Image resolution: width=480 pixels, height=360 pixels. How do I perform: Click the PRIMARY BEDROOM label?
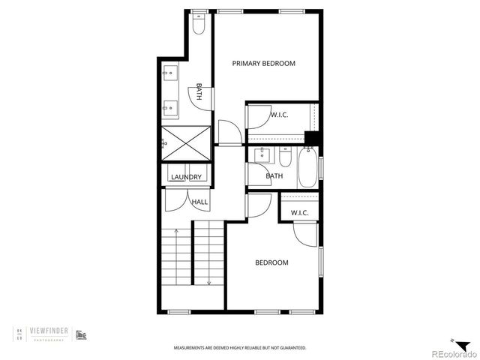click(263, 64)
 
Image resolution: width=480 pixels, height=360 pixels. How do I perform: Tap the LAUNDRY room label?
click(186, 177)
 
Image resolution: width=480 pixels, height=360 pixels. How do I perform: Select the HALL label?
click(199, 202)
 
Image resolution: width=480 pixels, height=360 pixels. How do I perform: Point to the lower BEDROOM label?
click(271, 262)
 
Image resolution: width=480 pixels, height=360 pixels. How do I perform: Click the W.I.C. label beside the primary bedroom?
click(280, 115)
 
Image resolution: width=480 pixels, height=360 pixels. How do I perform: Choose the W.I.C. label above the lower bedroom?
click(300, 213)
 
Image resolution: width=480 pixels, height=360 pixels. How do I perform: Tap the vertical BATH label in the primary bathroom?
click(199, 92)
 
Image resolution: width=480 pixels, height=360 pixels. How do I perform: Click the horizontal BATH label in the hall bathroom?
click(274, 176)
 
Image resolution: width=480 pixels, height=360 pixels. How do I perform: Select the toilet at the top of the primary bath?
click(198, 25)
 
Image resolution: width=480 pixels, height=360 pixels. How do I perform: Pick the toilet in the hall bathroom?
click(285, 157)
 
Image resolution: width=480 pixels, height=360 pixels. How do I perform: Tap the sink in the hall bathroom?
click(262, 156)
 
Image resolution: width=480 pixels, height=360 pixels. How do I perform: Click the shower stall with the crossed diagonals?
click(185, 142)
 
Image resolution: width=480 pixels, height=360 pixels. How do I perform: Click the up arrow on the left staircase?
click(176, 233)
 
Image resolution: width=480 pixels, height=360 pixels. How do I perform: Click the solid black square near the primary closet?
click(312, 138)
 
